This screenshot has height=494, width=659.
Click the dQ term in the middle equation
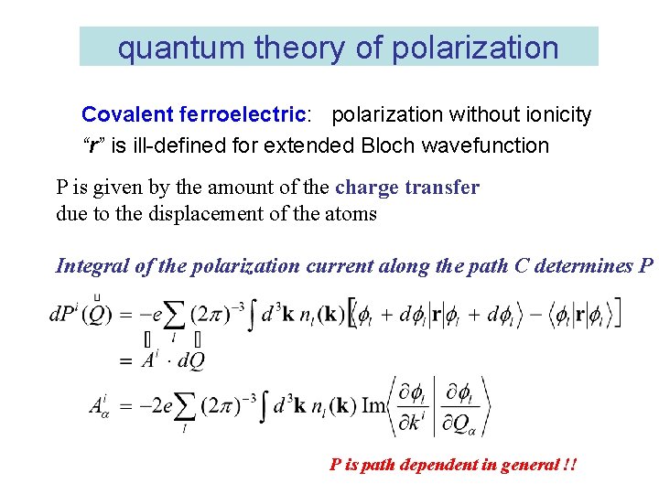pyautogui.click(x=190, y=360)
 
